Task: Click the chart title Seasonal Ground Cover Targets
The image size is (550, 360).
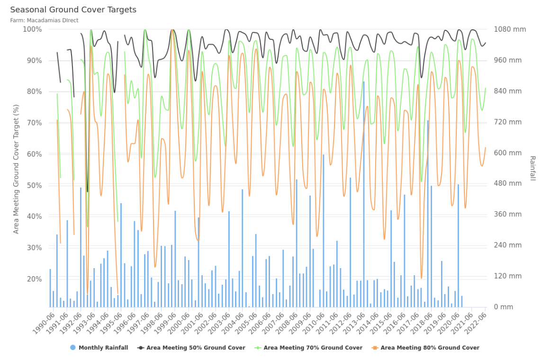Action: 73,10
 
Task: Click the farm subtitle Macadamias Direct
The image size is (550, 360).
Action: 44,20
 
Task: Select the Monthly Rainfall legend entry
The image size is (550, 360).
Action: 99,348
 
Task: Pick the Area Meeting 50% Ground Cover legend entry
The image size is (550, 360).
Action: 191,348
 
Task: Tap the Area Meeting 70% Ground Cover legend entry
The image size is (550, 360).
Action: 308,348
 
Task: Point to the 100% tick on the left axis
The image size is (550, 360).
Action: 32,29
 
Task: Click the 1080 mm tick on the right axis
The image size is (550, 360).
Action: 510,29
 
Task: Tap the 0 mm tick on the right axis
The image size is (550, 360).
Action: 504,307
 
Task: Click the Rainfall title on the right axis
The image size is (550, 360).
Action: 532,168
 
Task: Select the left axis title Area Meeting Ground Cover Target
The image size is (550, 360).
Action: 16,169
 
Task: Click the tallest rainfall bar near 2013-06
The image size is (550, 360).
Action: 364,194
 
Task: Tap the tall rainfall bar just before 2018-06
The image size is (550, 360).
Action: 428,213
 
